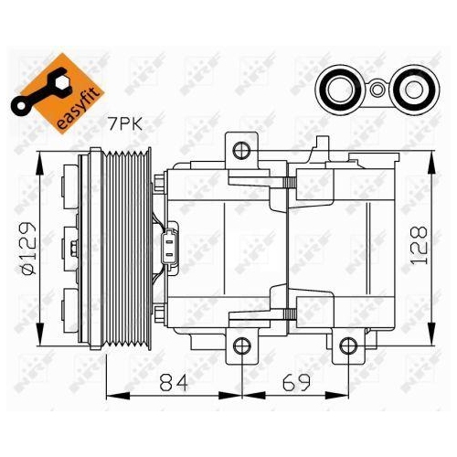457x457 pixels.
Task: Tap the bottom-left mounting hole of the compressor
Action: (240, 345)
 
